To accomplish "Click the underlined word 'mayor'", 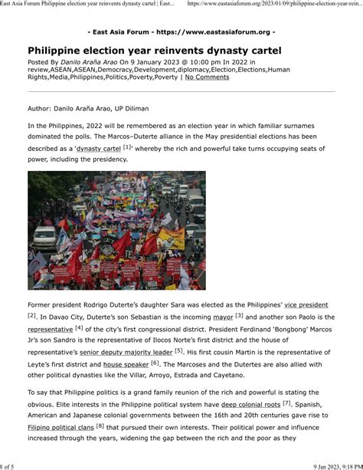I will pos(222,317).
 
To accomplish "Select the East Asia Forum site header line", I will pos(181,31).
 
